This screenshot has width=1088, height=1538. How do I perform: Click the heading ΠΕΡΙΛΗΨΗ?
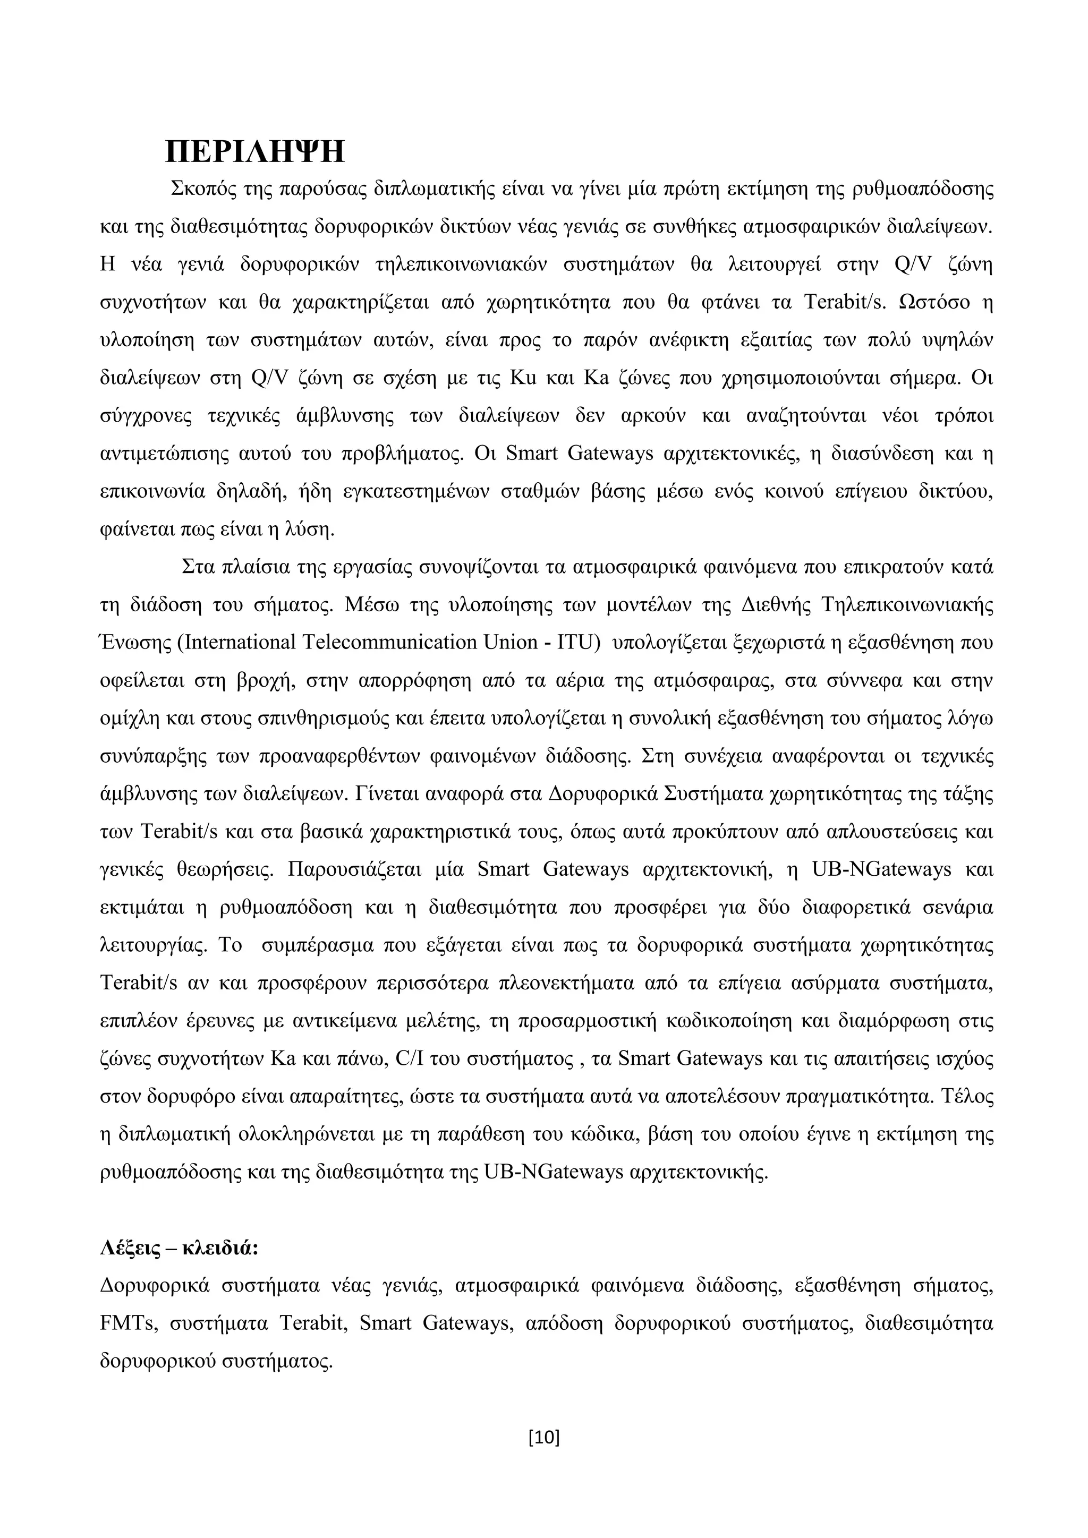254,152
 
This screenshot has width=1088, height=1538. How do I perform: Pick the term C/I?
408,1059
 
